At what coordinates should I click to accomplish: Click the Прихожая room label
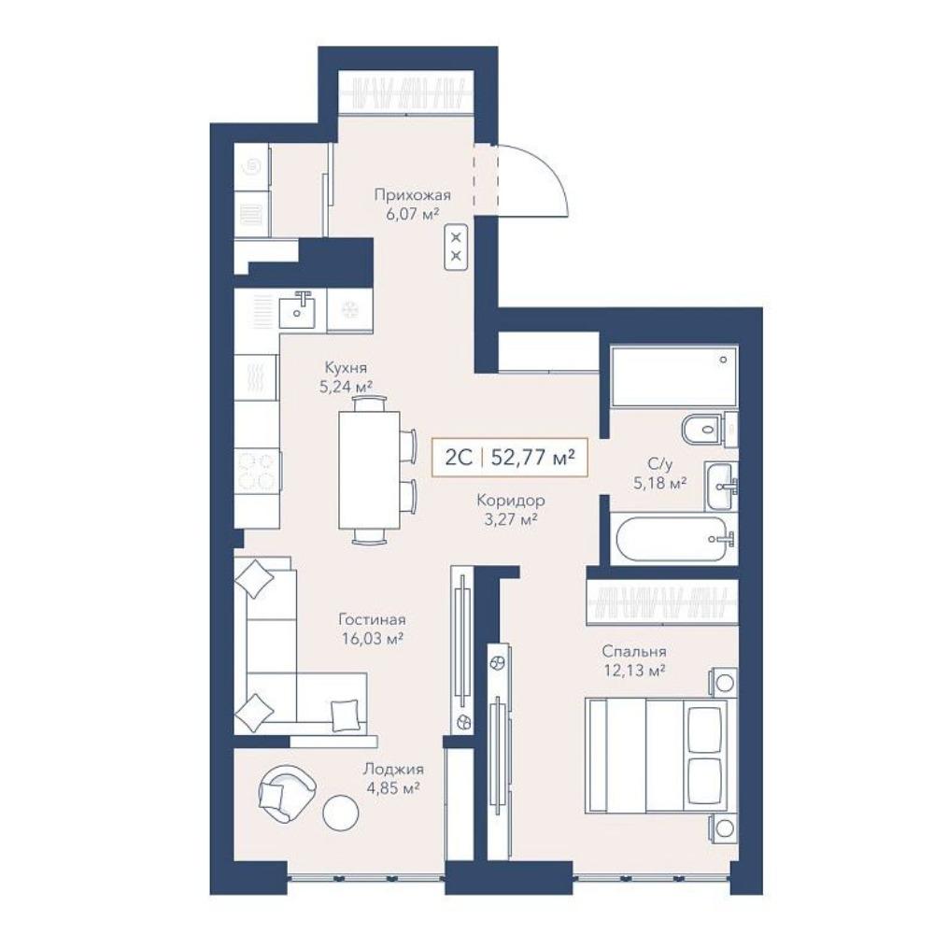pos(412,195)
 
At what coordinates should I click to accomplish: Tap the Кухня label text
pos(346,367)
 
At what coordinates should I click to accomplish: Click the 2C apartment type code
pos(459,458)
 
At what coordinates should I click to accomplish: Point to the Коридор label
pos(511,501)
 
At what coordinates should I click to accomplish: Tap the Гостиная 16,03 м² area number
pos(373,639)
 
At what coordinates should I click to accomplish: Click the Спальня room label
pos(634,651)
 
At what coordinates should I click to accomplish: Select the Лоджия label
pos(393,769)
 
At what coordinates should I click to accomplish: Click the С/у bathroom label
pos(660,463)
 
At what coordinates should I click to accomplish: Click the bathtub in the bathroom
pos(673,539)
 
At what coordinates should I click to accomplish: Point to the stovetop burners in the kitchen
pos(258,471)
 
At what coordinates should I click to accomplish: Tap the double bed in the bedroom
pos(657,757)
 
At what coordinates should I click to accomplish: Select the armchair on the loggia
pos(287,793)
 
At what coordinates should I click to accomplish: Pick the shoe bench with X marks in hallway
pos(457,248)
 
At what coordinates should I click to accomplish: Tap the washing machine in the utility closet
pos(252,167)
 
